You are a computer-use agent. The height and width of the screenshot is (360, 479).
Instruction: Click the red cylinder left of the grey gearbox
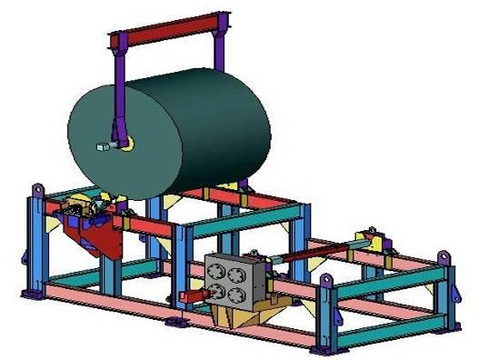(192, 296)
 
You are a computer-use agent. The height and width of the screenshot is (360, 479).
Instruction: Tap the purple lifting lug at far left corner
(38, 190)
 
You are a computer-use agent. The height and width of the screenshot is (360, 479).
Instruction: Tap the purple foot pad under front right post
(319, 349)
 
